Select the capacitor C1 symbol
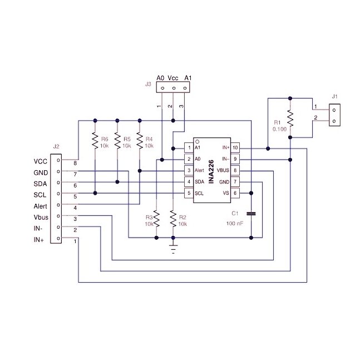click(x=251, y=213)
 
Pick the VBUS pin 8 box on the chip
click(x=235, y=170)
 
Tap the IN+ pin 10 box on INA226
click(x=235, y=147)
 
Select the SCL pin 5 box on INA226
click(x=189, y=193)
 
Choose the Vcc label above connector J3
click(x=174, y=78)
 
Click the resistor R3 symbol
click(x=156, y=220)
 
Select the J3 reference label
click(x=148, y=85)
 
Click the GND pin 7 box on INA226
click(x=235, y=182)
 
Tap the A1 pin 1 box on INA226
click(x=189, y=147)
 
